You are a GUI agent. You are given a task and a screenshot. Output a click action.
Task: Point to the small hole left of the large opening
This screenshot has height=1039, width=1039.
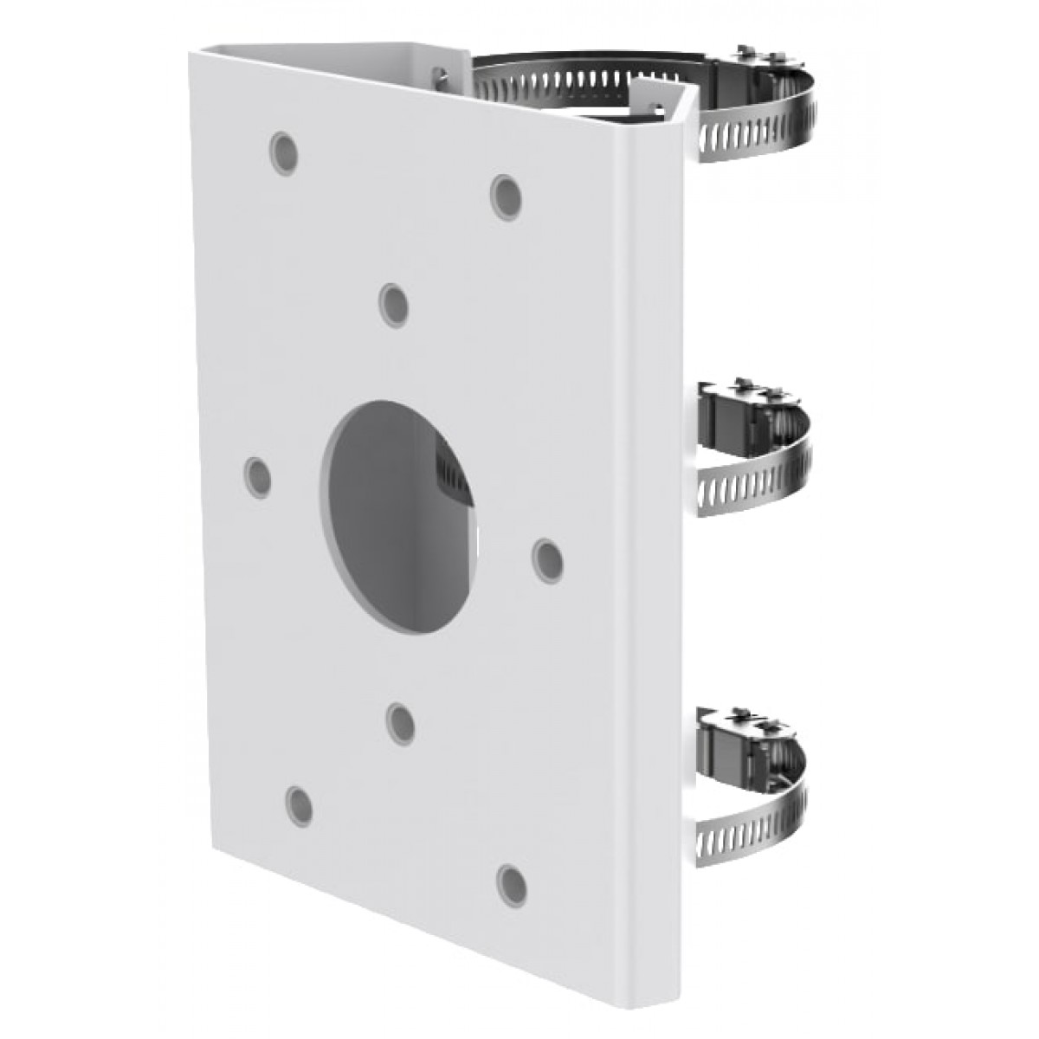[257, 476]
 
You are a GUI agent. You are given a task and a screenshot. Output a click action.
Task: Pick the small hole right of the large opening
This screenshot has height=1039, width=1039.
[547, 559]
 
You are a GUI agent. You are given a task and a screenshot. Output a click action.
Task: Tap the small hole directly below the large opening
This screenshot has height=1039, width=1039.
[400, 723]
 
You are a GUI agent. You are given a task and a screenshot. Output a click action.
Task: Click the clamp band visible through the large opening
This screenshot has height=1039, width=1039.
[450, 472]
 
